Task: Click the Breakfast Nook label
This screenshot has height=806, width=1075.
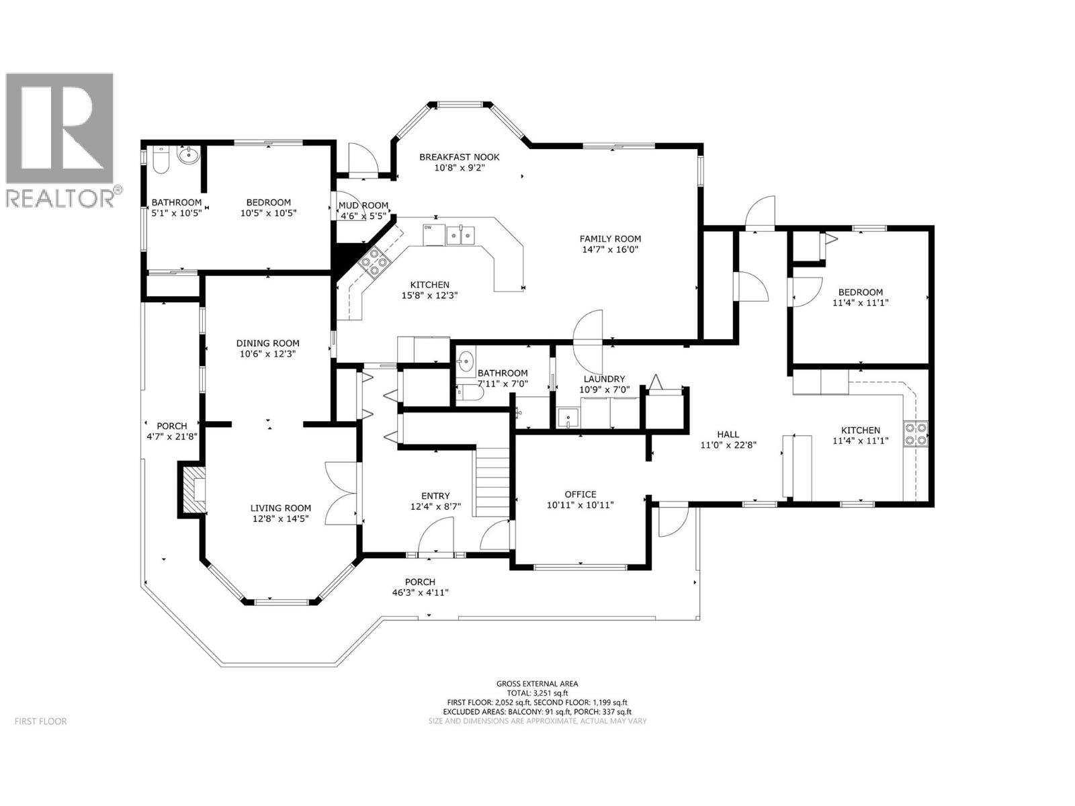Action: [x=460, y=157]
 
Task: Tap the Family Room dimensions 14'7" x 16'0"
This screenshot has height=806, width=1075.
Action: [x=610, y=249]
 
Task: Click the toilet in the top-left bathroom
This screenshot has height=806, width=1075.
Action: [x=161, y=161]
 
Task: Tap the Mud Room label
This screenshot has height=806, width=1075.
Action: [x=363, y=206]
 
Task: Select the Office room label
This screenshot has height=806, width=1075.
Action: [x=580, y=494]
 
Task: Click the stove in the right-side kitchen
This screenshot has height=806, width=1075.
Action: [x=915, y=433]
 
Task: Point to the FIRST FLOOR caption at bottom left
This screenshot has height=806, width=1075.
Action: [x=40, y=721]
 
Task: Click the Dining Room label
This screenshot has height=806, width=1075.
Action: [x=267, y=343]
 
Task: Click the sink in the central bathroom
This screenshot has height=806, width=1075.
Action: [x=466, y=363]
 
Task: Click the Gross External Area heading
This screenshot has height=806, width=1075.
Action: [x=537, y=683]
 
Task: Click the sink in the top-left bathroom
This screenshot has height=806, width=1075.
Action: [x=189, y=155]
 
